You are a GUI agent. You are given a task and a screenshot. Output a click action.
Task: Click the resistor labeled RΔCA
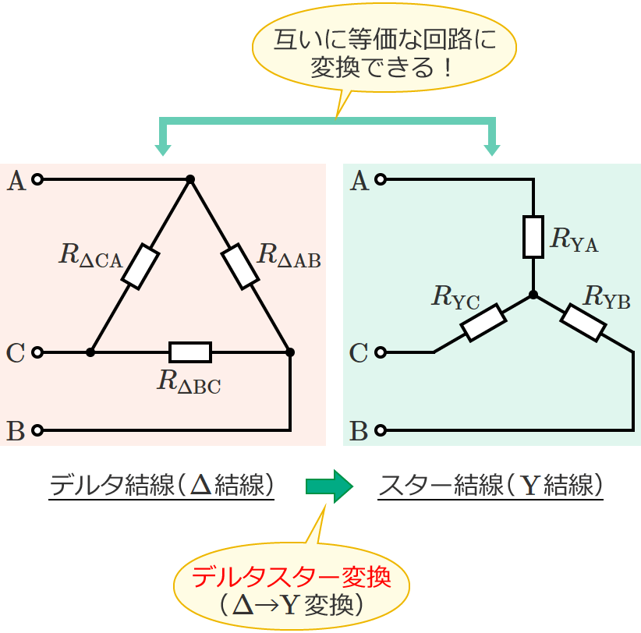140,267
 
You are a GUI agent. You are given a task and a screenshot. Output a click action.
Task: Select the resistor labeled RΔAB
240,267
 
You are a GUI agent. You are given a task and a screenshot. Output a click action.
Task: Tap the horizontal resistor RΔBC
190,352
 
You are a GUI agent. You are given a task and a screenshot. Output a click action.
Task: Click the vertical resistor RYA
533,237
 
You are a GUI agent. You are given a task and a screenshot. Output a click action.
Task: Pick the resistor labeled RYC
483,323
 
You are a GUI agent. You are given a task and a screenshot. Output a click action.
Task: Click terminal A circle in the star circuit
381,180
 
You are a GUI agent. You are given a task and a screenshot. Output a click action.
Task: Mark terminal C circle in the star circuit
381,352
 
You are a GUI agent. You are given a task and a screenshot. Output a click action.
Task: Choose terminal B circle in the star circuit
381,430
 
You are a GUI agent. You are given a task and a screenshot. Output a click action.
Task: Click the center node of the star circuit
533,295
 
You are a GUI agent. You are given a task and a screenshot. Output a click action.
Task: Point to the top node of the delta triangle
190,179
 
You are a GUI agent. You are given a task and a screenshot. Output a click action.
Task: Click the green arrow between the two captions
328,486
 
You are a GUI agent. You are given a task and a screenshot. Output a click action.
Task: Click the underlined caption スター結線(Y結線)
491,486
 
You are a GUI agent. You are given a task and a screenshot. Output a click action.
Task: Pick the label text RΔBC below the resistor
189,381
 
